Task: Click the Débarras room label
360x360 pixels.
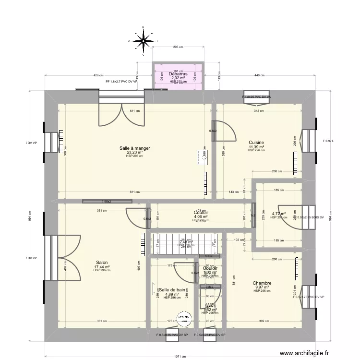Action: pos(178,74)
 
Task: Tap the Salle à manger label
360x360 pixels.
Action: pos(134,148)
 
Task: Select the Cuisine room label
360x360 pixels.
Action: pos(256,143)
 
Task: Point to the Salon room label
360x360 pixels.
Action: pos(102,263)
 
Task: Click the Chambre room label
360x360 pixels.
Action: pos(262,283)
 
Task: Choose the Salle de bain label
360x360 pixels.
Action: pos(172,289)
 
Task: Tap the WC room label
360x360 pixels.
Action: pos(210,305)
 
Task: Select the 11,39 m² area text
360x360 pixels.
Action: pos(256,147)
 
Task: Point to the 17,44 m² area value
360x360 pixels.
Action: pos(102,267)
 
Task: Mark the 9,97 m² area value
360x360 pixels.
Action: pos(262,288)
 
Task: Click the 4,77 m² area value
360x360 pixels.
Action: pos(278,214)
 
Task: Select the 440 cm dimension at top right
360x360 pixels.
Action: pos(259,75)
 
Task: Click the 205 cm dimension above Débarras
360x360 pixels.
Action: pos(178,47)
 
